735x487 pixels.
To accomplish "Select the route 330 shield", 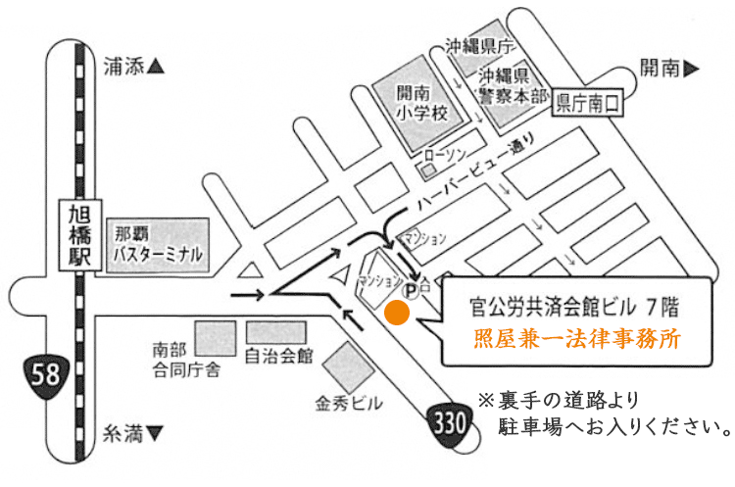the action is coord(450,423).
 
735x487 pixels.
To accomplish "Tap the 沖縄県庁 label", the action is coord(479,45).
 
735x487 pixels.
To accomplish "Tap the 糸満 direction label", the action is coord(132,432).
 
